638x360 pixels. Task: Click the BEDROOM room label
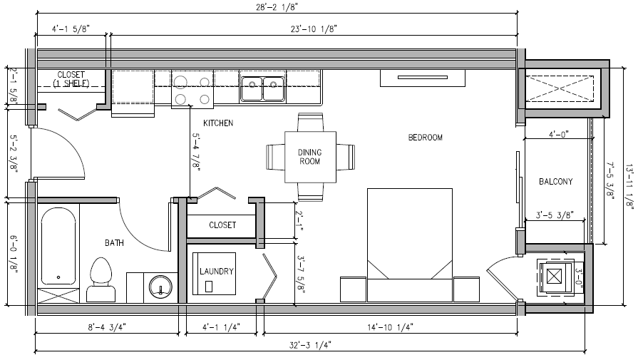pos(425,138)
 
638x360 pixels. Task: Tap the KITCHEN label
pos(218,123)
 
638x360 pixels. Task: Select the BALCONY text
pos(556,181)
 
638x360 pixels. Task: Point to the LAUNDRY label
pos(217,271)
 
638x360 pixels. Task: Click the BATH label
pos(114,243)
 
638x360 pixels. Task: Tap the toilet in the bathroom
pos(101,279)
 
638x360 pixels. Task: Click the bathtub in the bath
pos(58,246)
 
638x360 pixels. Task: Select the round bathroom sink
pos(160,287)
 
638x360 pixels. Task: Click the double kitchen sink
pos(262,88)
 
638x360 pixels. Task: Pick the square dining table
pos(310,157)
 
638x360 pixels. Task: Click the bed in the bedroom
pos(410,245)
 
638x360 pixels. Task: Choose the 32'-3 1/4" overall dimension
pos(310,345)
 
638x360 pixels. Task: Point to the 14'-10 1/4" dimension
pos(391,326)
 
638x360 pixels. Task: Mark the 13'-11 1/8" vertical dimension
pos(629,187)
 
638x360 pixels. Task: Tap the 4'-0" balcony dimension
pos(558,134)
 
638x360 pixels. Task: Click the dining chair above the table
pos(311,122)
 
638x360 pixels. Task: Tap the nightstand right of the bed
pos(466,289)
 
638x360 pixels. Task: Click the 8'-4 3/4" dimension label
pos(107,326)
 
